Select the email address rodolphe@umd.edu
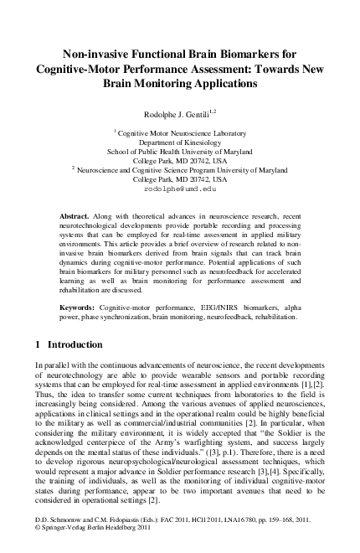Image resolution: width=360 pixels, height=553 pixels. click(x=180, y=189)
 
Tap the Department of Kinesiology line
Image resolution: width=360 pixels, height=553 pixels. click(x=180, y=142)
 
